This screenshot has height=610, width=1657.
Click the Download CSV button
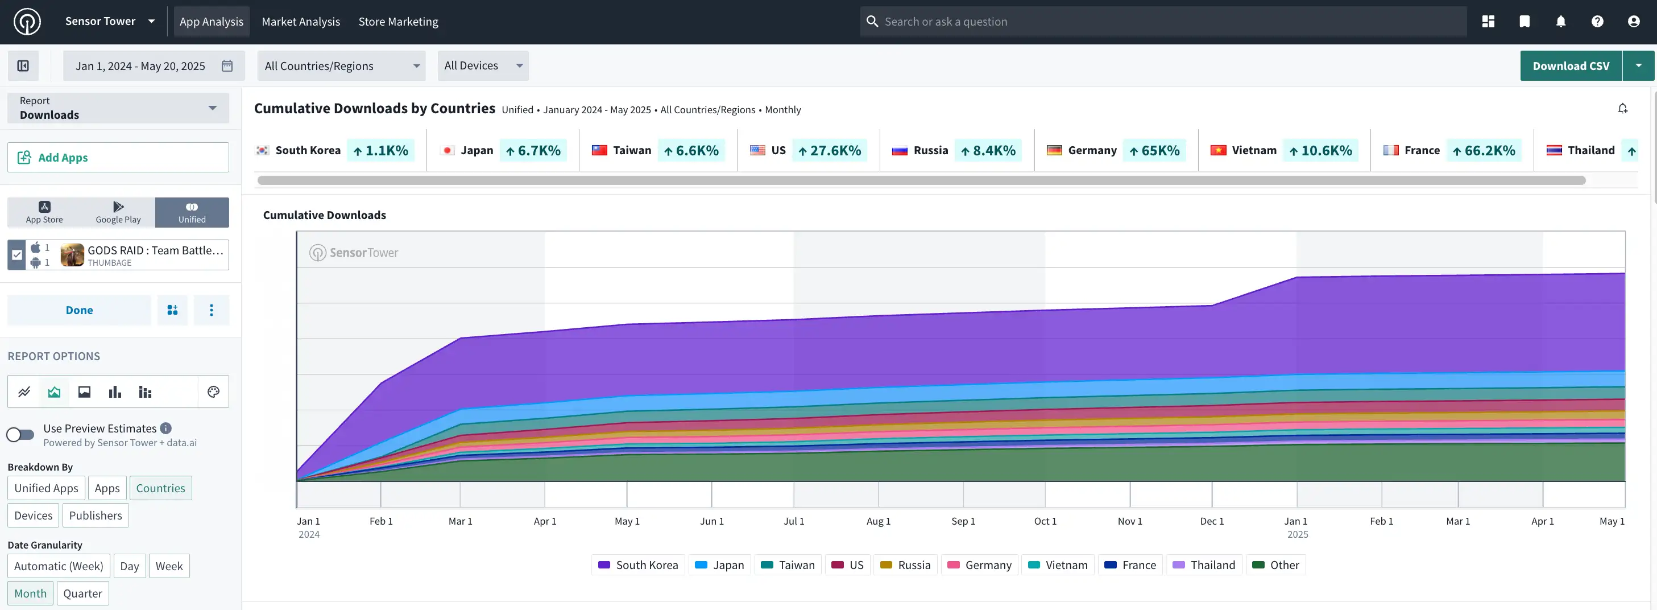coord(1570,65)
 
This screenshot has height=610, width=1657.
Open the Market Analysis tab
coord(300,21)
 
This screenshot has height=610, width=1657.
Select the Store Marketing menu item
coord(398,21)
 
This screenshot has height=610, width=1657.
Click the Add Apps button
coord(118,157)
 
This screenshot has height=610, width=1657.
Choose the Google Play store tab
coord(118,212)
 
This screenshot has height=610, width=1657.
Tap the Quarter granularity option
coord(82,593)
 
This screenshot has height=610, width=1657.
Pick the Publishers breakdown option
coord(95,516)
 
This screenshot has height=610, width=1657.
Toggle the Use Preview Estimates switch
coord(20,434)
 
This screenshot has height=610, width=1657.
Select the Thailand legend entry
coord(1203,565)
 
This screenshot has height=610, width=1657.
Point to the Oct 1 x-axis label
coord(1045,521)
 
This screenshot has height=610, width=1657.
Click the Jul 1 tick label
coord(794,521)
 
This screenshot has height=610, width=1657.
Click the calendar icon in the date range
coord(227,65)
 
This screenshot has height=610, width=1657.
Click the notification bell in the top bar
coord(1560,21)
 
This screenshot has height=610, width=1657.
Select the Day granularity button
coord(129,566)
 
